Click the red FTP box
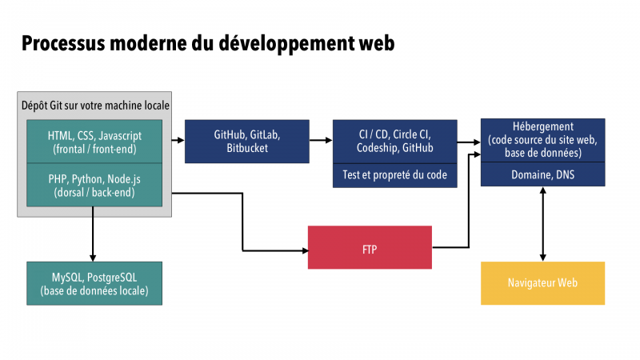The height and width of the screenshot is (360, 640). [x=370, y=247]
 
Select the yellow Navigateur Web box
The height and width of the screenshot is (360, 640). [x=543, y=283]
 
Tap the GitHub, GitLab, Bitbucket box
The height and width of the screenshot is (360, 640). [x=247, y=142]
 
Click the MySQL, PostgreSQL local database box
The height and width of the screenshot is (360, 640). [x=94, y=283]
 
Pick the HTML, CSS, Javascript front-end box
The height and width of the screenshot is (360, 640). [x=94, y=142]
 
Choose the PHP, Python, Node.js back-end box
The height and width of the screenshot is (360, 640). [x=94, y=186]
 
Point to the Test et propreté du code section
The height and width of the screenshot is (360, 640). [x=394, y=175]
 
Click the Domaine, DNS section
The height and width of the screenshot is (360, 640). [x=543, y=174]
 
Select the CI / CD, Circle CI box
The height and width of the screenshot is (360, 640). [x=394, y=142]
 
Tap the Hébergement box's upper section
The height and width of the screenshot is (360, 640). [x=543, y=140]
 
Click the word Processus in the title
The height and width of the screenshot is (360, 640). [x=63, y=43]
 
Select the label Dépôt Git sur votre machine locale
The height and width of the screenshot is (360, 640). [x=95, y=106]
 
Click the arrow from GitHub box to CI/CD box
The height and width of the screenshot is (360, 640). [x=321, y=141]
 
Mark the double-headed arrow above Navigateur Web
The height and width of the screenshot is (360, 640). [x=543, y=224]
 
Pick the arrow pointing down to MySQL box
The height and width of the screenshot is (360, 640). [x=93, y=234]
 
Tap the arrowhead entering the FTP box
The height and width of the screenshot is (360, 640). [x=305, y=250]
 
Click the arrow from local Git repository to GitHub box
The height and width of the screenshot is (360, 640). [x=178, y=141]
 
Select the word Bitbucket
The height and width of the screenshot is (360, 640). [x=247, y=148]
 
